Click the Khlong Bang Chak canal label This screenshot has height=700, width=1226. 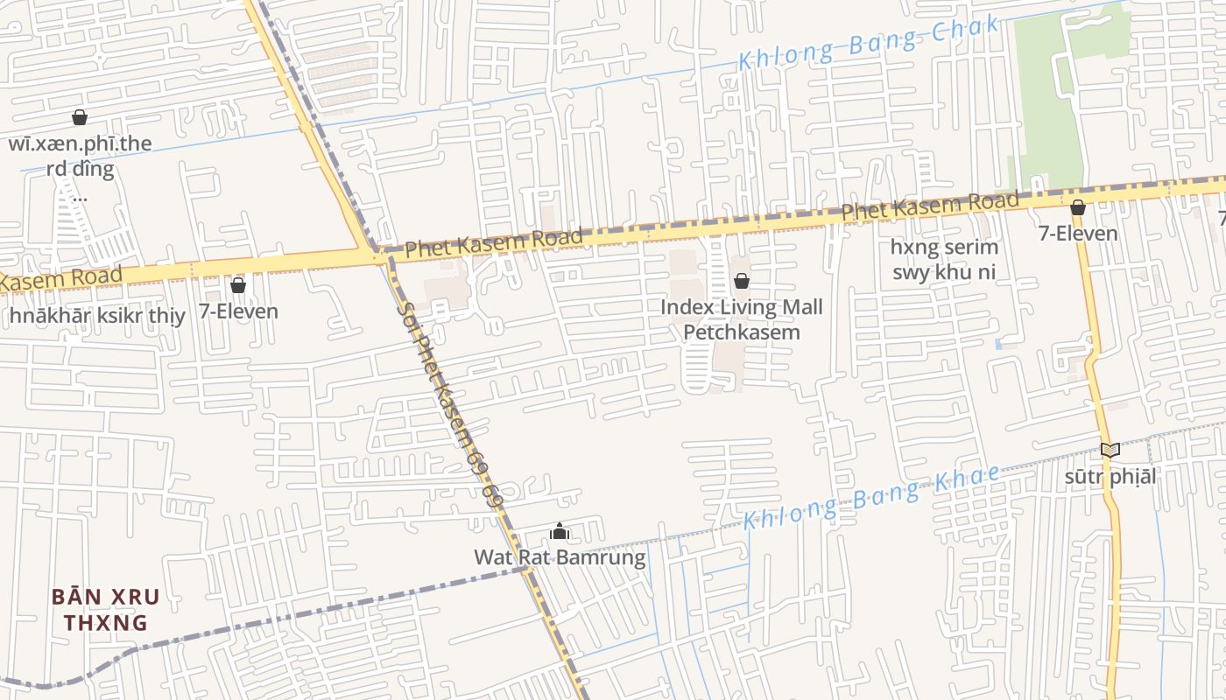pyautogui.click(x=868, y=43)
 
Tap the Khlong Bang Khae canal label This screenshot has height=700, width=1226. pyautogui.click(x=871, y=497)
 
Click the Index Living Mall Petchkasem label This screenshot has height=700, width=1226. pyautogui.click(x=741, y=319)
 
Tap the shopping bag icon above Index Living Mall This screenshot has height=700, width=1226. pyautogui.click(x=742, y=281)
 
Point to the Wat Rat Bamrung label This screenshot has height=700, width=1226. pyautogui.click(x=560, y=557)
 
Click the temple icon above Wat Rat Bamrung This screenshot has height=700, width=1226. pyautogui.click(x=560, y=531)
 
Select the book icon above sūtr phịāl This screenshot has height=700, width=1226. pyautogui.click(x=1110, y=450)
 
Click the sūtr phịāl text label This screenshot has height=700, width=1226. pyautogui.click(x=1110, y=477)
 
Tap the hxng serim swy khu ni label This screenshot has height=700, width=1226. pyautogui.click(x=944, y=259)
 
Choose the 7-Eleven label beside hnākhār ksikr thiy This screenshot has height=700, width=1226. pyautogui.click(x=238, y=311)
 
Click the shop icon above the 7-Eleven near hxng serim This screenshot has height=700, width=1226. pyautogui.click(x=1078, y=207)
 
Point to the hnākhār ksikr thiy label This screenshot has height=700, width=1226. pyautogui.click(x=98, y=316)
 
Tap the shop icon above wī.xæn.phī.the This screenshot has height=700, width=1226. pyautogui.click(x=80, y=117)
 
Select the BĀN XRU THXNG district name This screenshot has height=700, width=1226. pyautogui.click(x=105, y=610)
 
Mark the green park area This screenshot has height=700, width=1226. pyautogui.click(x=1060, y=96)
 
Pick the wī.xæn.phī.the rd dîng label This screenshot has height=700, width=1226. pyautogui.click(x=80, y=157)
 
